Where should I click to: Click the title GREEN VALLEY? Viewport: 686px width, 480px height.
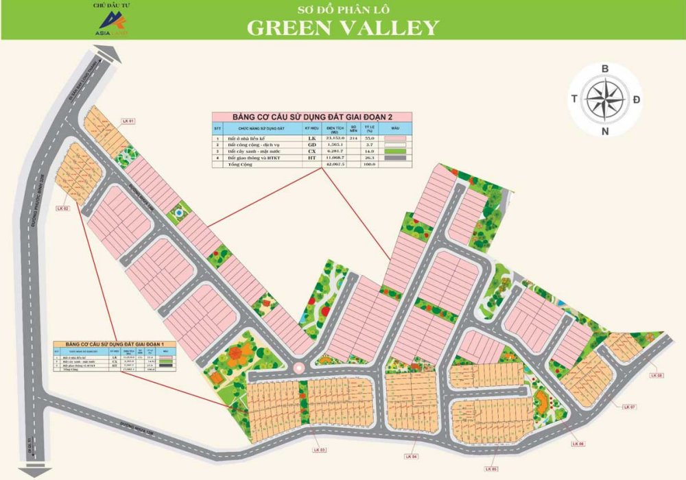coord(342,27)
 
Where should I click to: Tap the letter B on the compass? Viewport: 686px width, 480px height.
coord(605,68)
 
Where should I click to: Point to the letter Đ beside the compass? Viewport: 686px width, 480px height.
coord(637,100)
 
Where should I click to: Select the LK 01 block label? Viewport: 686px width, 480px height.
coord(128,121)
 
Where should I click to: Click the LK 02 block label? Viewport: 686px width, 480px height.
coord(62,208)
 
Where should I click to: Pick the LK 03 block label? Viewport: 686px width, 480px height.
coord(318,450)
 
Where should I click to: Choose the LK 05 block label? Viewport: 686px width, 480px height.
coord(490,468)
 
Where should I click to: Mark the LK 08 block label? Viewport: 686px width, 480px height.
coord(656,375)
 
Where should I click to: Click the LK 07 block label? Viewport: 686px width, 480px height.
coord(630,407)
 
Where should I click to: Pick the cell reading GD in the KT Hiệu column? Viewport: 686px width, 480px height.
coord(313,145)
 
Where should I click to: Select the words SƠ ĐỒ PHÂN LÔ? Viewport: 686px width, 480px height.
coord(342,10)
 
